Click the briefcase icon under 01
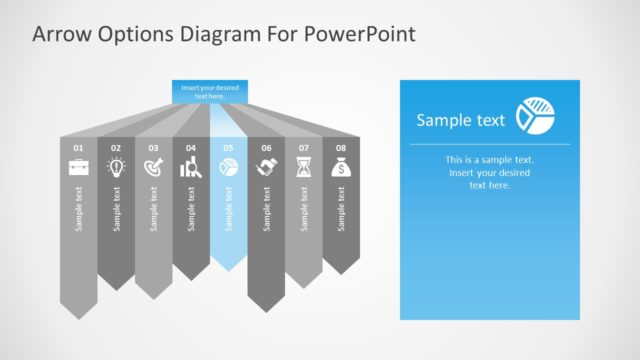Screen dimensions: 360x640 (78, 168)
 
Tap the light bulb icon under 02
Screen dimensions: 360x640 (116, 168)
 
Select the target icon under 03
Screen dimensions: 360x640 (153, 168)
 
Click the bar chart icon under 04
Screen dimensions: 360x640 (191, 168)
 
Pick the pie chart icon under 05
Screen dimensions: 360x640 (228, 168)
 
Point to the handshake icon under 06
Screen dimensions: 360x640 (266, 168)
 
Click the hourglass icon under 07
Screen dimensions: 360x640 (303, 168)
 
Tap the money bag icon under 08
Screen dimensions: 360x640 (341, 168)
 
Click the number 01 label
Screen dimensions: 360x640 (78, 148)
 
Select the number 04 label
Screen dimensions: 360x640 (191, 148)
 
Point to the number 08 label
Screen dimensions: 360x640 (341, 148)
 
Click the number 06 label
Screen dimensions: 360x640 (266, 148)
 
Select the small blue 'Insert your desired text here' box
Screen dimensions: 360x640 (209, 91)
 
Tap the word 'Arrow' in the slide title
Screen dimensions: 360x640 (61, 35)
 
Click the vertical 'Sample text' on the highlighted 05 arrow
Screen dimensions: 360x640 (228, 209)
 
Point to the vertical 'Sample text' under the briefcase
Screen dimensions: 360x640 (78, 209)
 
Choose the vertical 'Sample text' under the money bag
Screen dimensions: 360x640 (341, 209)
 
